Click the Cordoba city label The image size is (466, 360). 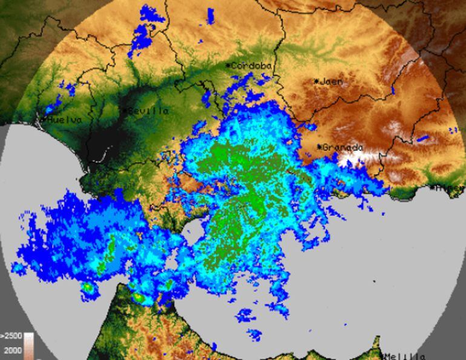click(252, 65)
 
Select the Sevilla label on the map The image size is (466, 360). click(148, 111)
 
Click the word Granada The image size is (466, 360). click(343, 147)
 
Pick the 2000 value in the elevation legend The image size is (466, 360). click(13, 350)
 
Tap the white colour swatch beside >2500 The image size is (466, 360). click(28, 336)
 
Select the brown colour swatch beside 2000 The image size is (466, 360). click(28, 350)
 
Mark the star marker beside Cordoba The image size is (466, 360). click(228, 65)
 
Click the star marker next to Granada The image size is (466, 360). click(319, 146)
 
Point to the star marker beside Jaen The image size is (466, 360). click(316, 81)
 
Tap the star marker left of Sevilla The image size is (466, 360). click(125, 111)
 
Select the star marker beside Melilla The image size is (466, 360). click(383, 355)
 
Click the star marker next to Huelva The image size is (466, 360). click(44, 120)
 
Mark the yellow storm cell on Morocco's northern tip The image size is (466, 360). click(140, 298)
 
